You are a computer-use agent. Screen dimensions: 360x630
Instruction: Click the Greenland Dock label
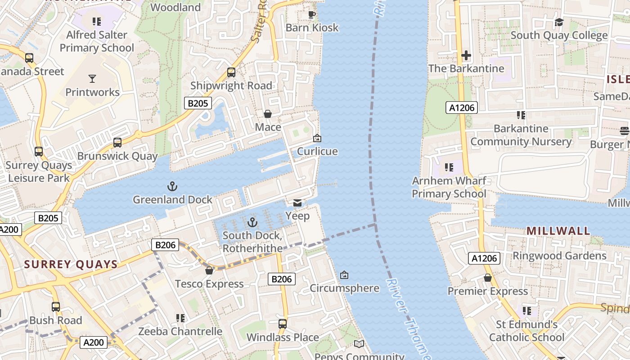[172, 199]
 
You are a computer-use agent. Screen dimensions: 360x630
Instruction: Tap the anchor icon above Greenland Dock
[172, 186]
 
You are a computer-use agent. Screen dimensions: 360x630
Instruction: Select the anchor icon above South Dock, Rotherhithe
[252, 222]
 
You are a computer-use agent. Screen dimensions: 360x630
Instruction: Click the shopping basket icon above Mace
[267, 114]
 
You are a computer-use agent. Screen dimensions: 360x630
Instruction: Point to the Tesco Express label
[209, 284]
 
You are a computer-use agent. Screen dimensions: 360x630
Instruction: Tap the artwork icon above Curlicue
[317, 138]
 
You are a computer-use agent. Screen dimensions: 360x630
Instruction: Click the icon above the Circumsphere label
[344, 274]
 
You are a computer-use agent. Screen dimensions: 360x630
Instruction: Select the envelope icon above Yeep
[297, 203]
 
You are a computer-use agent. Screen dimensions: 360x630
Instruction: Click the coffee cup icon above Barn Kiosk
[311, 14]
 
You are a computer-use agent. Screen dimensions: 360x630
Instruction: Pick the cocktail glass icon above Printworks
[92, 79]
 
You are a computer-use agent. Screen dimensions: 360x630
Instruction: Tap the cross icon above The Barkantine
[466, 55]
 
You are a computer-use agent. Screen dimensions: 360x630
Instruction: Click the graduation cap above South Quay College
[559, 22]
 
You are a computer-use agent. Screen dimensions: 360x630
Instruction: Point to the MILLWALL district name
[558, 231]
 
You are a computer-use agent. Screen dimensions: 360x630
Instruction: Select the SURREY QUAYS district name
[71, 264]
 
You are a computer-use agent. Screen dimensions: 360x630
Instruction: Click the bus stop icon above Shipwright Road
[231, 72]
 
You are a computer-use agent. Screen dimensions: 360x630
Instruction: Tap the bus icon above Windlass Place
[282, 324]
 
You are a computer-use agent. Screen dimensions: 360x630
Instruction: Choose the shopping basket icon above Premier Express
[488, 278]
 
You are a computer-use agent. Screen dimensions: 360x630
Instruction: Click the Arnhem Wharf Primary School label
[449, 187]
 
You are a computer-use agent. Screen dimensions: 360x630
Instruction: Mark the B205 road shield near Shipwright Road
[198, 103]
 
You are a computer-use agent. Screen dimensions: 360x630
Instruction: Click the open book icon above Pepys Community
[359, 344]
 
